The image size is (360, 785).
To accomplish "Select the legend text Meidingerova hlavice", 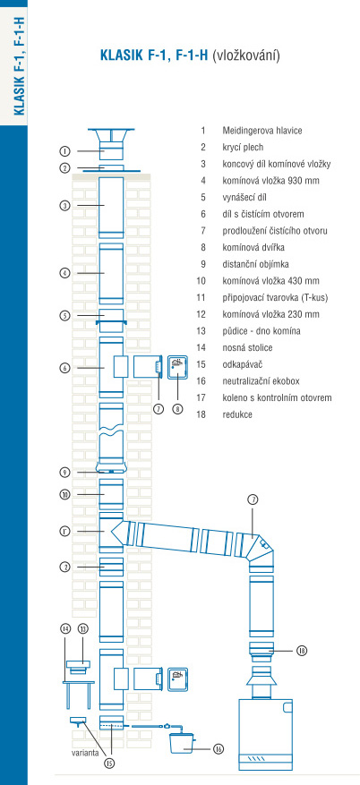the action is pos(261,131).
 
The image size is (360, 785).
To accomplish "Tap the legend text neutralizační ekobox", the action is pos(261,381).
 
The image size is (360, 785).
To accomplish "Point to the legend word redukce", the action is pos(237,414).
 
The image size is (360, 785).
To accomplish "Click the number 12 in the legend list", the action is pos(201,314).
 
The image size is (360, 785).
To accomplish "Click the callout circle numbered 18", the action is pos(302,651).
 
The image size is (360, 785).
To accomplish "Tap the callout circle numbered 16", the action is pos(218,749).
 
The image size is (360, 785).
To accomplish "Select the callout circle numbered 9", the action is pos(64,472).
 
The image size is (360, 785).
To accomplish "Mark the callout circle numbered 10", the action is pos(64,495).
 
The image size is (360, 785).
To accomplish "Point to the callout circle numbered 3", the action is pos(64,205).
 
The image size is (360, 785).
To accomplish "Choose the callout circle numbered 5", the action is pos(64,315).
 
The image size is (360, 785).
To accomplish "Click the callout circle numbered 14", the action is pos(65,628).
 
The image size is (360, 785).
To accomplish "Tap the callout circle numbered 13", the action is pos(82,628).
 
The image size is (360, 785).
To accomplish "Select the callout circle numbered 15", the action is pos(109,763).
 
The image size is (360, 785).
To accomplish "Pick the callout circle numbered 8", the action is pos(177,408).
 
